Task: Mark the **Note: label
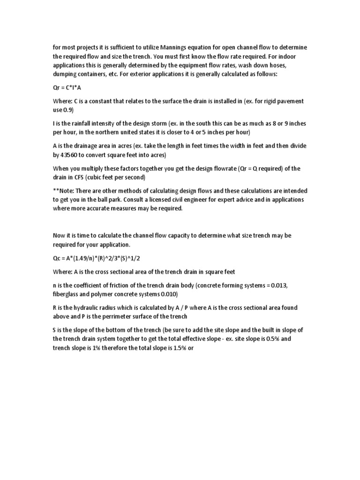(63, 191)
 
